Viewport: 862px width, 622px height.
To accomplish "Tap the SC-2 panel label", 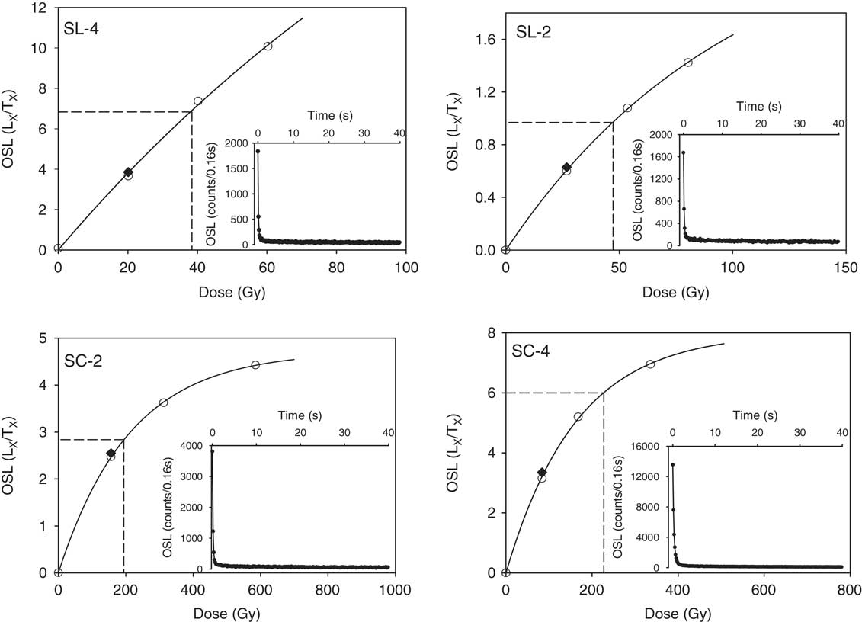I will pyautogui.click(x=85, y=361).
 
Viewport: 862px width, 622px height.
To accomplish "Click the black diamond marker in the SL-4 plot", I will pyautogui.click(x=128, y=172).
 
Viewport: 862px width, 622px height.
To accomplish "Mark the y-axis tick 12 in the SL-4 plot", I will pyautogui.click(x=42, y=8).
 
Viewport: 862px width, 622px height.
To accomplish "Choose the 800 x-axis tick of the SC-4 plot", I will pyautogui.click(x=848, y=589).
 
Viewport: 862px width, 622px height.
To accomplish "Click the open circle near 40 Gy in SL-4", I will pyautogui.click(x=198, y=101).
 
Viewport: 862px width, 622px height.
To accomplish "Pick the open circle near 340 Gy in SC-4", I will pyautogui.click(x=650, y=364).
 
